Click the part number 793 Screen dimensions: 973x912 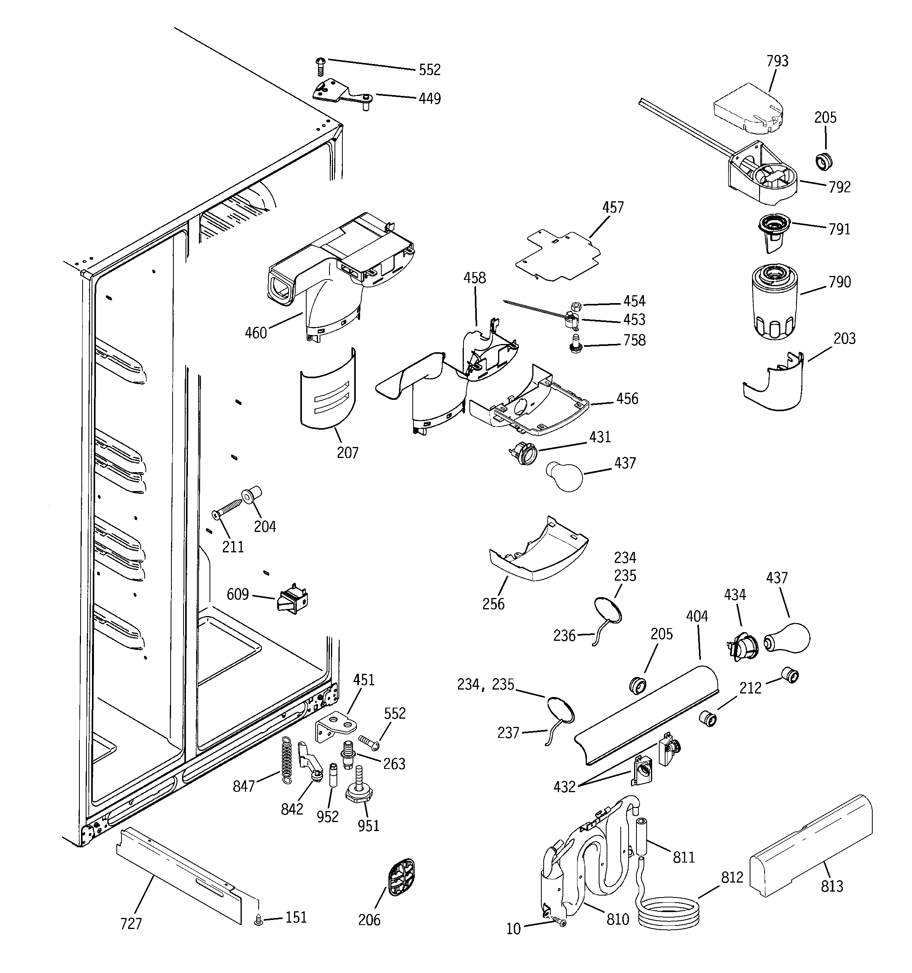[x=778, y=61]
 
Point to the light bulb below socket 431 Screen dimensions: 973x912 [x=564, y=475]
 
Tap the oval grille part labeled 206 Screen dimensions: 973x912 [x=401, y=877]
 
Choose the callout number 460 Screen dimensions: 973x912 [x=256, y=333]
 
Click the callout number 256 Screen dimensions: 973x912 [x=493, y=603]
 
